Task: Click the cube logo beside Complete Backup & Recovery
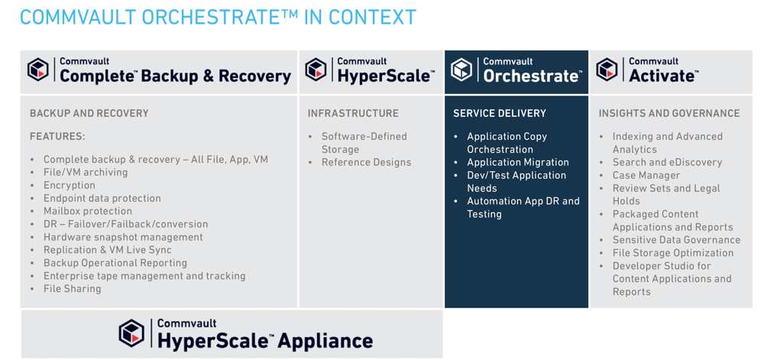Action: [x=38, y=70]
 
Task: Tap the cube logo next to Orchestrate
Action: [x=461, y=70]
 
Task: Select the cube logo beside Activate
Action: [x=607, y=70]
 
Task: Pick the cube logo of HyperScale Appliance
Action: [x=131, y=333]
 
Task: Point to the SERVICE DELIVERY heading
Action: [x=500, y=114]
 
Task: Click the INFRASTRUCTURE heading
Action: [x=353, y=114]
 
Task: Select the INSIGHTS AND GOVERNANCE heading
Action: [x=669, y=114]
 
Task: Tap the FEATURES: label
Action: [x=57, y=136]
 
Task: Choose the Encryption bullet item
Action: [x=70, y=186]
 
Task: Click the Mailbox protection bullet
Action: [x=88, y=212]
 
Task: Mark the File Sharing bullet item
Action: [x=72, y=289]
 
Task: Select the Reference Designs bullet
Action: [x=367, y=163]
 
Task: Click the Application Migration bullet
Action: [x=518, y=163]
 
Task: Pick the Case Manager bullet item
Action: [x=646, y=175]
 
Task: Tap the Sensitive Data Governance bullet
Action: [x=676, y=240]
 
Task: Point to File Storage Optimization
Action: [x=673, y=253]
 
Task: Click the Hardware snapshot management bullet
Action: [x=123, y=237]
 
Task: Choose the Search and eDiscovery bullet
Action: [x=667, y=163]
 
